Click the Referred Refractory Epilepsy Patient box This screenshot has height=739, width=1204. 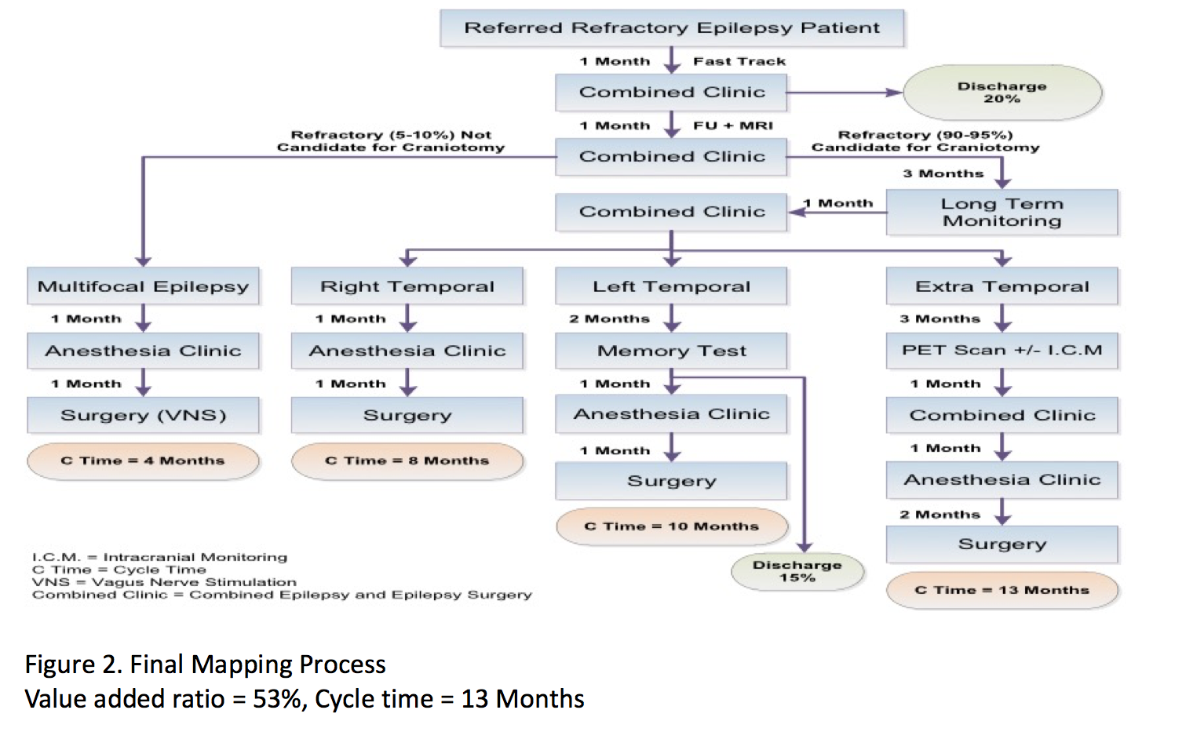click(x=672, y=28)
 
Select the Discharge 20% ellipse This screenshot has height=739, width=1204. click(x=1002, y=93)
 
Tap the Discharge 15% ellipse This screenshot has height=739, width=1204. click(x=797, y=571)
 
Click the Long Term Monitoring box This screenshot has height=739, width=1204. click(x=1002, y=212)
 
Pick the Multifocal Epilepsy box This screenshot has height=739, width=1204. click(x=143, y=286)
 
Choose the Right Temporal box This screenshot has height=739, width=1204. click(x=407, y=286)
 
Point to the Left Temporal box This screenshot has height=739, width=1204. click(x=671, y=286)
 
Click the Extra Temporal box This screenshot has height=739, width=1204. click(x=1002, y=286)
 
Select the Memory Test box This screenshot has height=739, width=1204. click(x=671, y=351)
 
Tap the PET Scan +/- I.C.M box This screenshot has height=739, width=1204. click(x=1002, y=351)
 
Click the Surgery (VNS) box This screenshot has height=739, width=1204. click(x=143, y=415)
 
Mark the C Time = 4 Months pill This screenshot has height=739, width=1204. click(x=143, y=461)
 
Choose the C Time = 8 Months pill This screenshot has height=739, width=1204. click(x=407, y=461)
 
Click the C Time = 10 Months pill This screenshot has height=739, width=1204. click(x=671, y=526)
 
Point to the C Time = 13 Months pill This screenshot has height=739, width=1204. click(x=1002, y=590)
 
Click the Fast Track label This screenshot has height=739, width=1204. click(x=739, y=61)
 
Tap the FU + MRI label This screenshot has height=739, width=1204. click(x=732, y=126)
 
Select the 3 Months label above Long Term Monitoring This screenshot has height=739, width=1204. click(x=943, y=173)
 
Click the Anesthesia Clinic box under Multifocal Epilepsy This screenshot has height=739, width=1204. click(x=143, y=351)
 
